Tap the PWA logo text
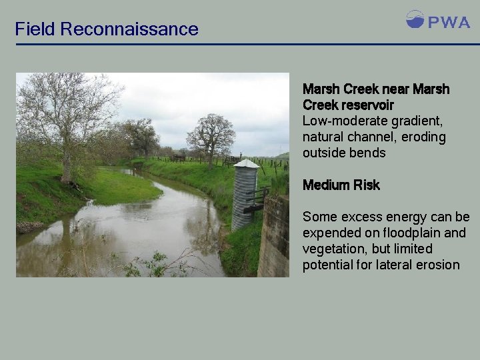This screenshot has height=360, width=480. pyautogui.click(x=449, y=22)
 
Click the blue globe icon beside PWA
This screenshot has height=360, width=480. pyautogui.click(x=415, y=19)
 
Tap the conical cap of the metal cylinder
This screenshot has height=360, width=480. pyautogui.click(x=246, y=163)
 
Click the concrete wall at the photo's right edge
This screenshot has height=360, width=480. pyautogui.click(x=274, y=237)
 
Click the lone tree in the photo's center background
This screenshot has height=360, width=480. pyautogui.click(x=211, y=137)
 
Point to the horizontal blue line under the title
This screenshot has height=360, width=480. pyautogui.click(x=247, y=45)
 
